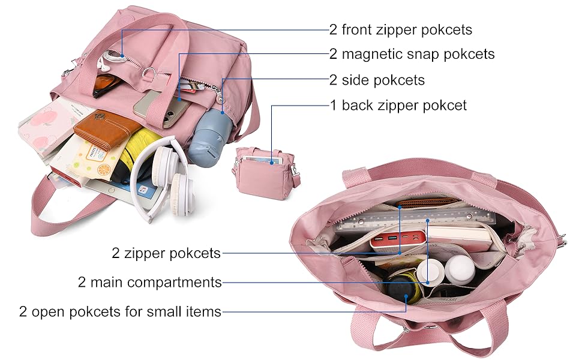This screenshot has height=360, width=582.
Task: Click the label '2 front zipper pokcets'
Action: point(401,29)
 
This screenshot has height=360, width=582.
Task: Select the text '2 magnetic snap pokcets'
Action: point(412,54)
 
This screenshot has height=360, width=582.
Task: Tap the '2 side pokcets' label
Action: point(377,80)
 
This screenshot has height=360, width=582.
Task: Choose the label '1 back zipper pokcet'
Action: point(398,106)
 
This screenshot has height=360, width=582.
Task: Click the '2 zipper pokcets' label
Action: point(166,253)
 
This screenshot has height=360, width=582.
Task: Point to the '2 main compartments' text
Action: point(150,282)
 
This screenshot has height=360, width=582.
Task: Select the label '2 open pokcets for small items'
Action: point(120,311)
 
